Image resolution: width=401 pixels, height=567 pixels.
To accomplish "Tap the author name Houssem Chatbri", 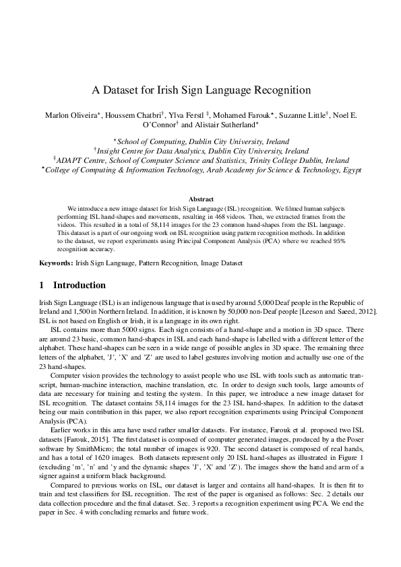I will [133, 115].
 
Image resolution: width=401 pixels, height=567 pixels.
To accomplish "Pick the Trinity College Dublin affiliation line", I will [200, 161].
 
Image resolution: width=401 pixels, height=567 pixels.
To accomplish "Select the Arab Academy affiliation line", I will [200, 170].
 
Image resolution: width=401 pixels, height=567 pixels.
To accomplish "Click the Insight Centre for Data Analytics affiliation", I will [200, 152].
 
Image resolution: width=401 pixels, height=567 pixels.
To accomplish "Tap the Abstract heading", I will [201, 199].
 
